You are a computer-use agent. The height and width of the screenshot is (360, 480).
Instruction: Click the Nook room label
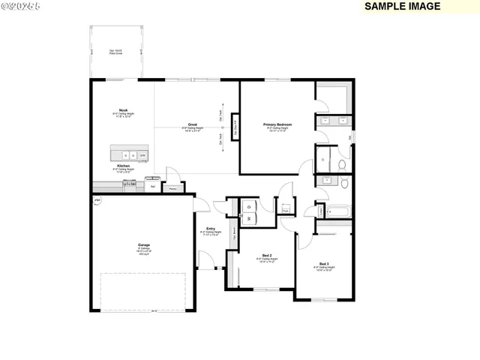(x=123, y=109)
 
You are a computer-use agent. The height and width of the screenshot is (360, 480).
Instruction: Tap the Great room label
(x=192, y=125)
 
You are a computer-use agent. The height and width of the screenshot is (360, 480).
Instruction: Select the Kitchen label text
(x=123, y=165)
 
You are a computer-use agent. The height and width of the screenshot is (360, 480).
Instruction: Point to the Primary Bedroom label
(x=277, y=124)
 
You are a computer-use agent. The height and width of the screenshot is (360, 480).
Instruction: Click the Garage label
(x=142, y=244)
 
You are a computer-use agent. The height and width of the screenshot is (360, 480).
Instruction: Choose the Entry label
(x=210, y=229)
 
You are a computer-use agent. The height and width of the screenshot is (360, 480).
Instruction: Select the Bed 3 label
(x=324, y=263)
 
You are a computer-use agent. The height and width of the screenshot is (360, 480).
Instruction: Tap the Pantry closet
(x=172, y=189)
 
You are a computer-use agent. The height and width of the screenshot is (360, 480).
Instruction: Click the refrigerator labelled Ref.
(x=153, y=184)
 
